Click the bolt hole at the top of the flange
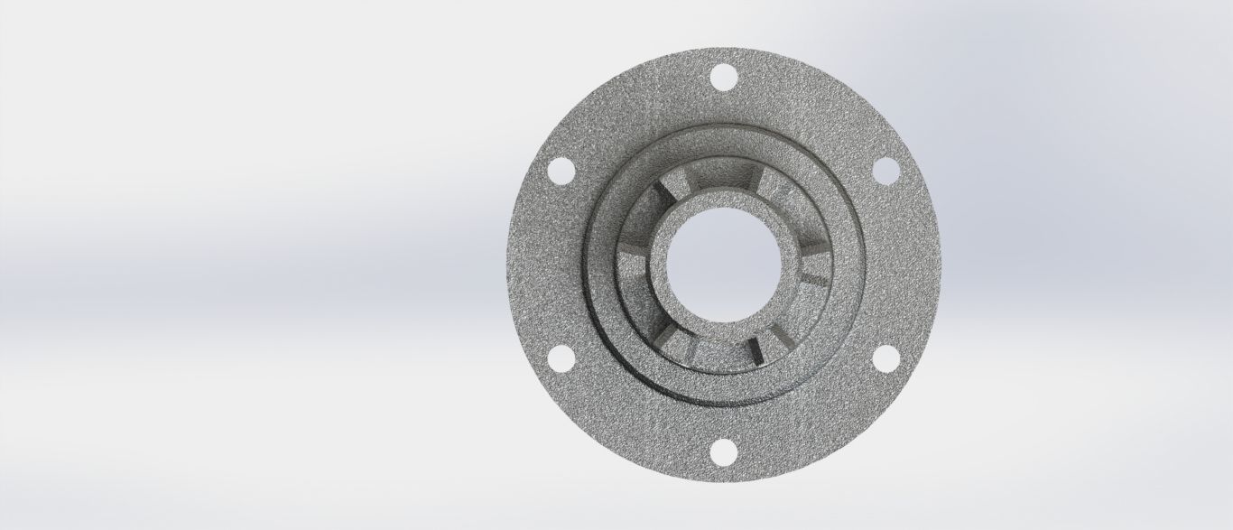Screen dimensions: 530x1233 tap(722, 78)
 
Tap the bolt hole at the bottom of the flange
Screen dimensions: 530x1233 tap(722, 451)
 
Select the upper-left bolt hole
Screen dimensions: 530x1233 tap(561, 170)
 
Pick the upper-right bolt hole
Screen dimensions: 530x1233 tap(885, 170)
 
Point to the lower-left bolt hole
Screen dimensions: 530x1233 tap(561, 358)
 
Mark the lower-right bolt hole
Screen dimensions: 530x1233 tap(885, 358)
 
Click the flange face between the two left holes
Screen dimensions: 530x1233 tap(542, 264)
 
